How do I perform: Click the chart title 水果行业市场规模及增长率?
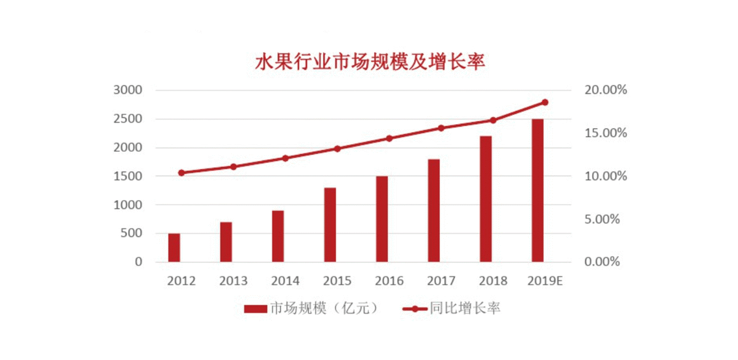tap(370, 62)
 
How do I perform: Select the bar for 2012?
tap(174, 247)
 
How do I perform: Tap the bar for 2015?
tap(330, 225)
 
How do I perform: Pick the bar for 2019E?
tap(537, 190)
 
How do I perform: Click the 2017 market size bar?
tap(434, 211)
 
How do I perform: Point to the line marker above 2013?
tap(234, 167)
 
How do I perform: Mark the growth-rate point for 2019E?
tap(545, 102)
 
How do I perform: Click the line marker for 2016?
tap(389, 138)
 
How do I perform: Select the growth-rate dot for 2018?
tap(493, 121)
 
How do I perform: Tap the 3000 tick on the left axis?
tap(127, 91)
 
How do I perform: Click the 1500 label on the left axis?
tap(127, 177)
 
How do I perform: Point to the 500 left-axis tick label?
tap(131, 234)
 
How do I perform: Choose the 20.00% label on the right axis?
tap(605, 91)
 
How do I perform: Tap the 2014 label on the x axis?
tap(285, 281)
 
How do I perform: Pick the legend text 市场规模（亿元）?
tap(325, 309)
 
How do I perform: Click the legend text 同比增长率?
tap(465, 309)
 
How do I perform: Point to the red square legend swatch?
tap(255, 309)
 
